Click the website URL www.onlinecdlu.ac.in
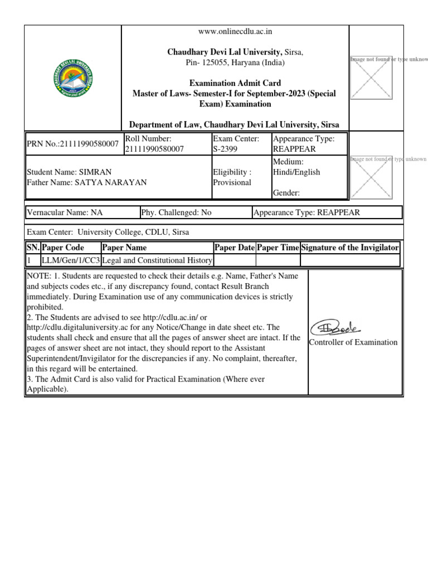(x=235, y=32)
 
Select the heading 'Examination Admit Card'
(x=235, y=83)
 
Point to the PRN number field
(x=73, y=144)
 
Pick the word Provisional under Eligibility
(x=232, y=182)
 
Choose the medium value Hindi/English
(x=296, y=172)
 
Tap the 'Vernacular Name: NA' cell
(x=65, y=212)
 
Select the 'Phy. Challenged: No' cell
(x=176, y=212)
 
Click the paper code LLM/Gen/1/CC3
(x=70, y=260)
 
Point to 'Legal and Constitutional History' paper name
(x=157, y=260)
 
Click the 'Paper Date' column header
(x=235, y=248)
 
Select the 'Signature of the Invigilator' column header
(x=350, y=248)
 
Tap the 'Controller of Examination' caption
(x=353, y=342)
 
